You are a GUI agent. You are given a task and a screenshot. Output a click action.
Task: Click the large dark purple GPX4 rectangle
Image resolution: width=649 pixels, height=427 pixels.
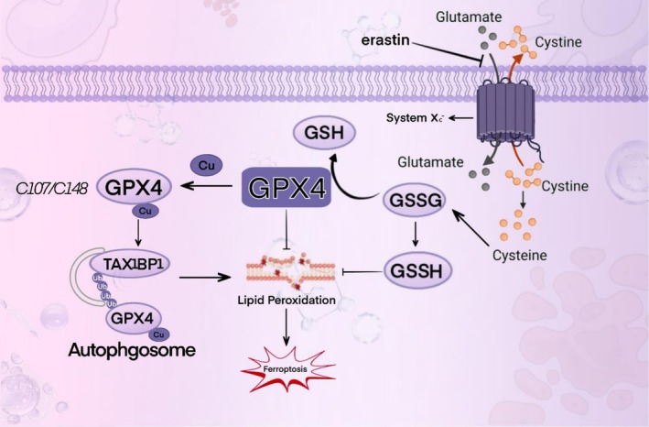coord(287,191)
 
